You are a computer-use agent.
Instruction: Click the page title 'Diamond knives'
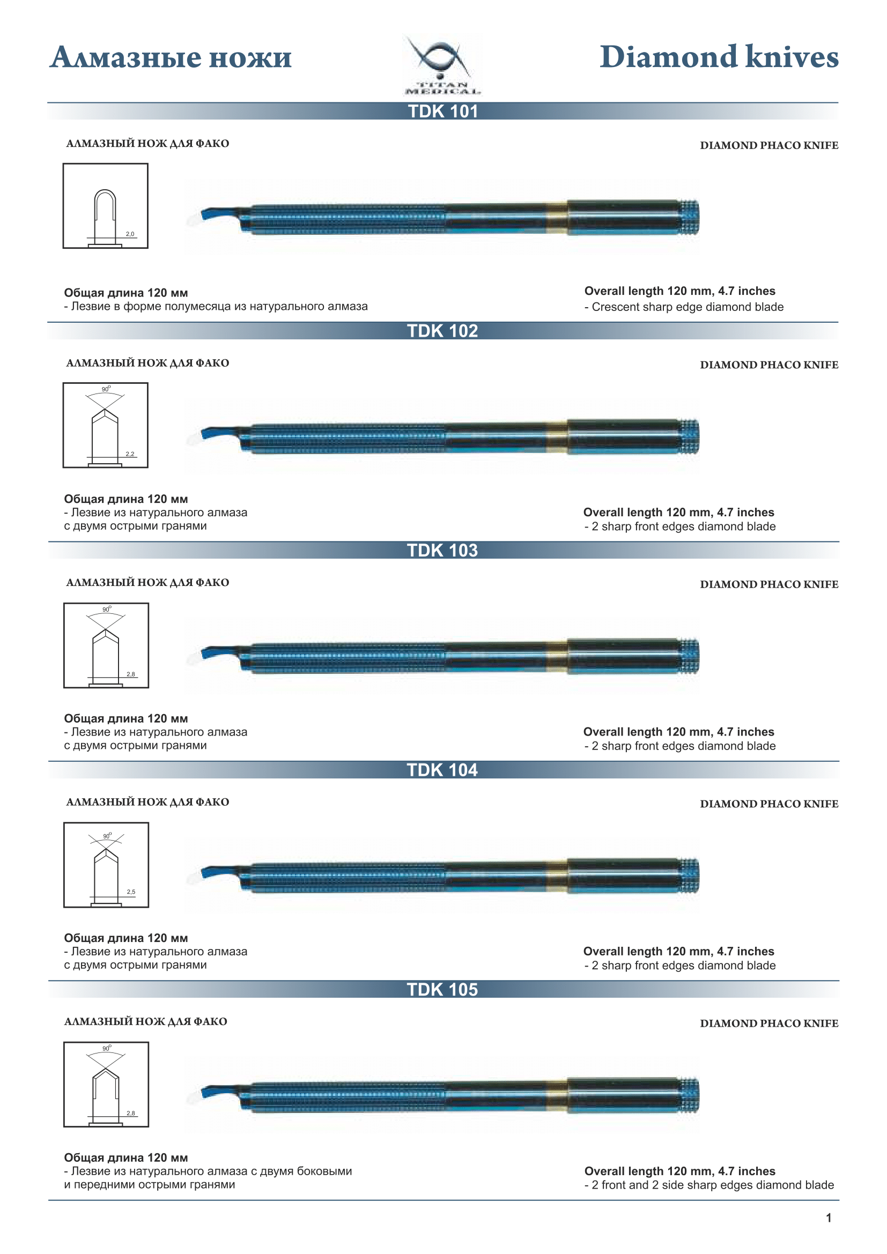pos(719,57)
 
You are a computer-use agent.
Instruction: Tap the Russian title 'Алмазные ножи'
pos(171,57)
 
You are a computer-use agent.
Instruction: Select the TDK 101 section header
pos(443,112)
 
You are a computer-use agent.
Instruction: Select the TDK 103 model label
pos(442,551)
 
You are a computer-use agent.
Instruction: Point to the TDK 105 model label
pos(442,990)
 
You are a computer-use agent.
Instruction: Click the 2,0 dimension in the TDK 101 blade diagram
pos(130,234)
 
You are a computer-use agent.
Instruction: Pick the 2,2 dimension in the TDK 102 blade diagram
pos(130,454)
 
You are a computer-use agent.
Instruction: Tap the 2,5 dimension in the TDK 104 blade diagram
pos(131,892)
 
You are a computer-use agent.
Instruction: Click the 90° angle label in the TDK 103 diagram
pos(107,609)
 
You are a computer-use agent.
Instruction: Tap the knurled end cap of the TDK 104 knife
pos(689,875)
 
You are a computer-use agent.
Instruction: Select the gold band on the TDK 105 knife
pos(557,1096)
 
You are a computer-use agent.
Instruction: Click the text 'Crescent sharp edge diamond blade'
pos(687,307)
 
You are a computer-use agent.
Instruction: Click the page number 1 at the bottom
pos(829,1218)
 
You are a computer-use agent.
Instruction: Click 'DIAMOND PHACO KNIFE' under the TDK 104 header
pos(769,804)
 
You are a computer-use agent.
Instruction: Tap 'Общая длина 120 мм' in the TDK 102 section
pos(126,499)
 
